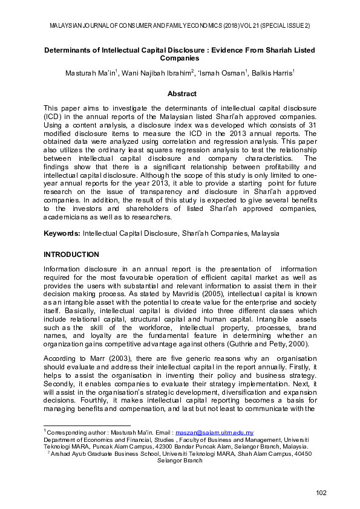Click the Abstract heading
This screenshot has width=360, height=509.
tap(182, 94)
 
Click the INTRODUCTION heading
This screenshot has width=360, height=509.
tap(72, 254)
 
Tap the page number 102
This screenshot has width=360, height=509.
tap(321, 494)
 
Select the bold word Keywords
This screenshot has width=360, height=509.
tap(62, 233)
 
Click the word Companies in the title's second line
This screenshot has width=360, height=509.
tap(180, 59)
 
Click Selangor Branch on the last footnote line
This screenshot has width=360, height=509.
tap(180, 460)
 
